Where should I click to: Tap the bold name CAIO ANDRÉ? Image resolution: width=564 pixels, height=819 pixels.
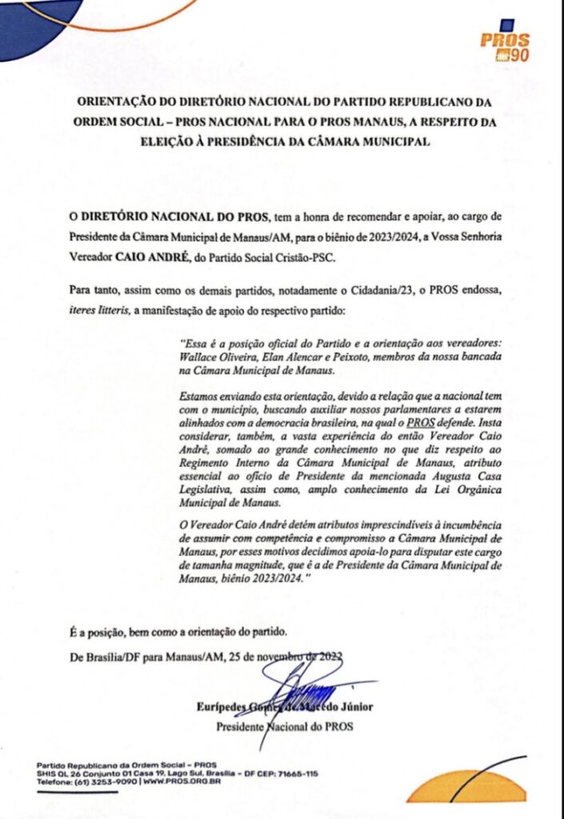pyautogui.click(x=144, y=258)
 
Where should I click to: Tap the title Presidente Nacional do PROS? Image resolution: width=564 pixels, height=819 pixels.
pyautogui.click(x=284, y=727)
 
